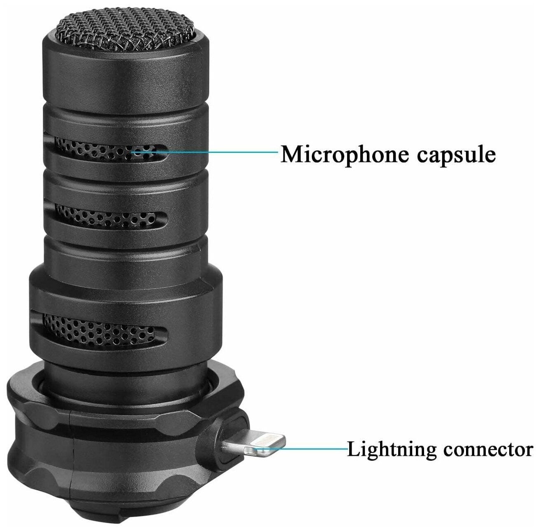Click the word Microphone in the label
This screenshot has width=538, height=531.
pos(345,154)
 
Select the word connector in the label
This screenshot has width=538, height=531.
pos(488,449)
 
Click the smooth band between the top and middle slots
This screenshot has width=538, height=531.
pos(123,183)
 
